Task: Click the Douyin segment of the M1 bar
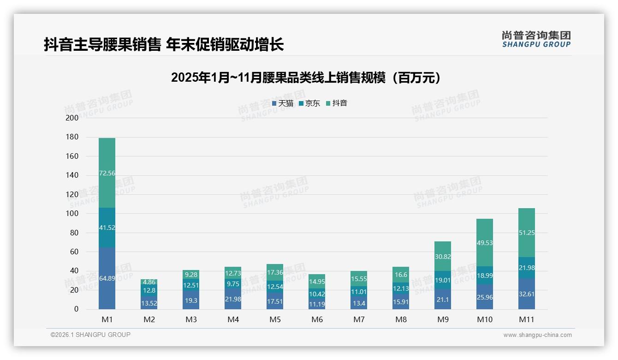click(x=107, y=173)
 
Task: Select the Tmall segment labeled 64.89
click(x=107, y=278)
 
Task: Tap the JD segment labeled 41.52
click(x=107, y=228)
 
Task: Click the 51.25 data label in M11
click(x=527, y=233)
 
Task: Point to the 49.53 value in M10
click(x=485, y=242)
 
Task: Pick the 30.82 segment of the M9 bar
click(x=443, y=256)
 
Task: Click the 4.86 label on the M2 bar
click(x=149, y=282)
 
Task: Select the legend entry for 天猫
click(x=283, y=103)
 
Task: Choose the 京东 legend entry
click(x=309, y=103)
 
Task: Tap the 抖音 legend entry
click(x=337, y=103)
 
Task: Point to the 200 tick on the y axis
click(x=72, y=118)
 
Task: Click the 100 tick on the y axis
click(x=72, y=214)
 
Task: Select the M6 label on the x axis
click(x=317, y=319)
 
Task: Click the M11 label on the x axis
click(x=527, y=319)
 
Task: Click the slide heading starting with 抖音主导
click(x=164, y=44)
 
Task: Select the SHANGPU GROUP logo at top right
click(x=536, y=39)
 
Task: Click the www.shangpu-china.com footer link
click(x=537, y=335)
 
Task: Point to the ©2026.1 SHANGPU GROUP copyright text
click(x=90, y=335)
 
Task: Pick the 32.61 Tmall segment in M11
click(x=527, y=294)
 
